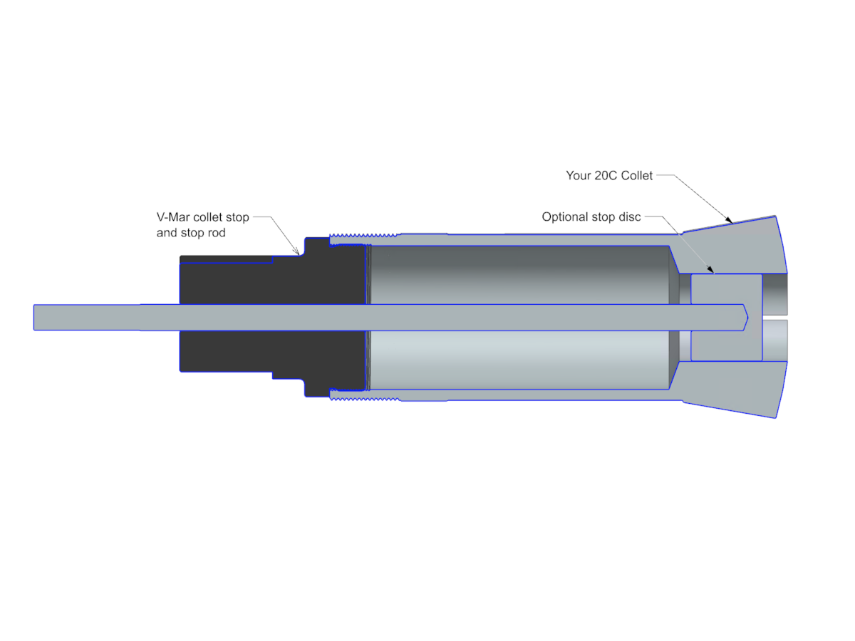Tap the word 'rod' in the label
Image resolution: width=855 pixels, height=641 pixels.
pos(217,232)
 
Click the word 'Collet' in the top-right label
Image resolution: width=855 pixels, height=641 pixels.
pos(636,175)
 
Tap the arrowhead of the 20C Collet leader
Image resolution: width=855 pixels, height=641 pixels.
pos(729,220)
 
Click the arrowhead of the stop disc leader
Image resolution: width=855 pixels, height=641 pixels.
pos(710,269)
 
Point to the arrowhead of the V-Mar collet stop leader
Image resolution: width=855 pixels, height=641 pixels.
pos(296,252)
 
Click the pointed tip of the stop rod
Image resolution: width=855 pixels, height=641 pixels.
pos(748,318)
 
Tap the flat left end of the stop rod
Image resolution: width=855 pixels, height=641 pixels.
pos(34,318)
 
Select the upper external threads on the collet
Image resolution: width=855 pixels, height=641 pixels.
pos(363,236)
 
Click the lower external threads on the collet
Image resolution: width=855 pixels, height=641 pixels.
pos(364,399)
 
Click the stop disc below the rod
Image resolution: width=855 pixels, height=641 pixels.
pos(727,345)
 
